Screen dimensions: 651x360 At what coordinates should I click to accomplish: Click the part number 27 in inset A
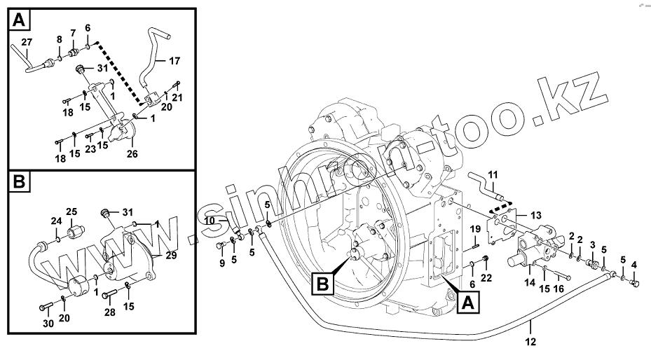pyautogui.click(x=26, y=43)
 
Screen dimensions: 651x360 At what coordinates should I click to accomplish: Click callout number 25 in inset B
pyautogui.click(x=71, y=211)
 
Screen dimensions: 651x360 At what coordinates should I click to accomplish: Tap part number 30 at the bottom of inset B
pyautogui.click(x=48, y=324)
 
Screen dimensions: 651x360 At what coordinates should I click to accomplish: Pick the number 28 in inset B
pyautogui.click(x=109, y=312)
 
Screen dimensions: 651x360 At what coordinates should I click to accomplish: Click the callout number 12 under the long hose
pyautogui.click(x=530, y=342)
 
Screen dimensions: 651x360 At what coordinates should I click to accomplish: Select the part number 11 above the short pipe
pyautogui.click(x=492, y=174)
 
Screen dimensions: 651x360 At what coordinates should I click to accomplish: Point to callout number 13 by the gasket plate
pyautogui.click(x=536, y=215)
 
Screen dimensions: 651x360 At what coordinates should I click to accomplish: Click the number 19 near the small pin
pyautogui.click(x=474, y=228)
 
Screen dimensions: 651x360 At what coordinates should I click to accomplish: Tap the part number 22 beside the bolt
pyautogui.click(x=486, y=278)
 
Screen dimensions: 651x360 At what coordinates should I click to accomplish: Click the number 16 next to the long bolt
pyautogui.click(x=559, y=288)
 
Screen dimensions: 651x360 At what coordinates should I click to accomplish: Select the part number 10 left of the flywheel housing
pyautogui.click(x=209, y=222)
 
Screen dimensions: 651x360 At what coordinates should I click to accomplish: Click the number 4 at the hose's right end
pyautogui.click(x=634, y=265)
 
